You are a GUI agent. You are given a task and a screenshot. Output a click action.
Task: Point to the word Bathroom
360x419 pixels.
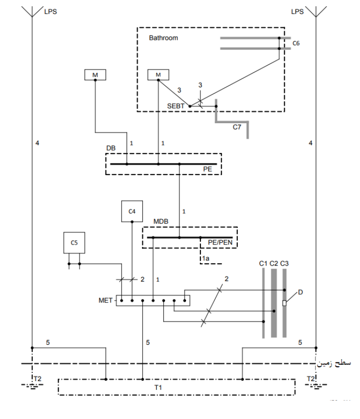tap(163, 38)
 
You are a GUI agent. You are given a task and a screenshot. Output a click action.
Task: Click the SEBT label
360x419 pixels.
tap(175, 106)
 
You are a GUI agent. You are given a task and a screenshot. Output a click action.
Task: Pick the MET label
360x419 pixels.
tap(105, 301)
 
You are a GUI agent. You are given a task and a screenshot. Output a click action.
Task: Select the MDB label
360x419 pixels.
tap(161, 221)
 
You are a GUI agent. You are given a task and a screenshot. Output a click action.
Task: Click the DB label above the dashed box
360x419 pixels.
tap(111, 148)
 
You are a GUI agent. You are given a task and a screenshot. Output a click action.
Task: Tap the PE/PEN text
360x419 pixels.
tap(220, 243)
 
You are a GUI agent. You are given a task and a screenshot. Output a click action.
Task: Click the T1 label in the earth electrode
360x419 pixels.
tap(158, 387)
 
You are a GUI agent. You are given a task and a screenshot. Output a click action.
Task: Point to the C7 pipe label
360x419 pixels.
tap(237, 127)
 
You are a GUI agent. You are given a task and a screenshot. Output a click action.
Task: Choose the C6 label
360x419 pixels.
tap(296, 43)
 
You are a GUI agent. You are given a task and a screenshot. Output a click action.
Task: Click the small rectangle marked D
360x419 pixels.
tap(284, 303)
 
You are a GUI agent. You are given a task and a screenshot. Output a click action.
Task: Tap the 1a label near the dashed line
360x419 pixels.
tap(206, 258)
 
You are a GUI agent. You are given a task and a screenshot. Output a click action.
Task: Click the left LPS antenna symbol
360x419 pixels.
tap(32, 12)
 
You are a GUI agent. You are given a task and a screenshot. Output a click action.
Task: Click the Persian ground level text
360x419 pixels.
tap(334, 363)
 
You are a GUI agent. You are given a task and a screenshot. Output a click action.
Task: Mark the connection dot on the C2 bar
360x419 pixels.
tap(274, 311)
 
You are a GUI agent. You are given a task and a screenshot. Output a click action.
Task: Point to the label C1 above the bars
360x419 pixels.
tap(263, 264)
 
